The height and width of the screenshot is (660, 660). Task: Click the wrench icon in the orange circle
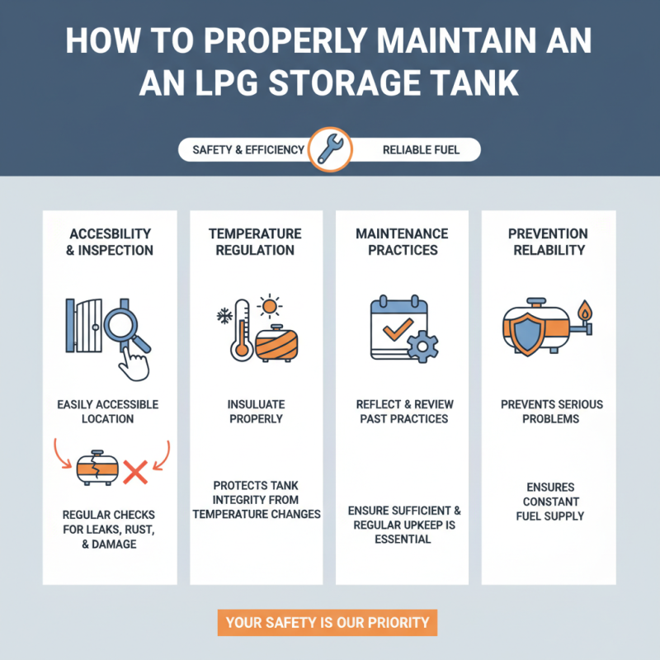[330, 150]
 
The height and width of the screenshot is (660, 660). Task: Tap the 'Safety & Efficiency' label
[248, 151]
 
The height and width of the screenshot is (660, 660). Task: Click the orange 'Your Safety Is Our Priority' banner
[328, 623]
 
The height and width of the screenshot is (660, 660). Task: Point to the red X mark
[134, 473]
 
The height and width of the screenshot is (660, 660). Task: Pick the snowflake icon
[224, 315]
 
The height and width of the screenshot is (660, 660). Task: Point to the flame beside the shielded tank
[585, 312]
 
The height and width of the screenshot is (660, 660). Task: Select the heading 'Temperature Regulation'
[255, 242]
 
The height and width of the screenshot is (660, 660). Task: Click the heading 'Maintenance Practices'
[402, 242]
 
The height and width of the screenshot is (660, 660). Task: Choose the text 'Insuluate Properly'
[256, 412]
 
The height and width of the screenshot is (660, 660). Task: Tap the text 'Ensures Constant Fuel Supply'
[549, 502]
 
